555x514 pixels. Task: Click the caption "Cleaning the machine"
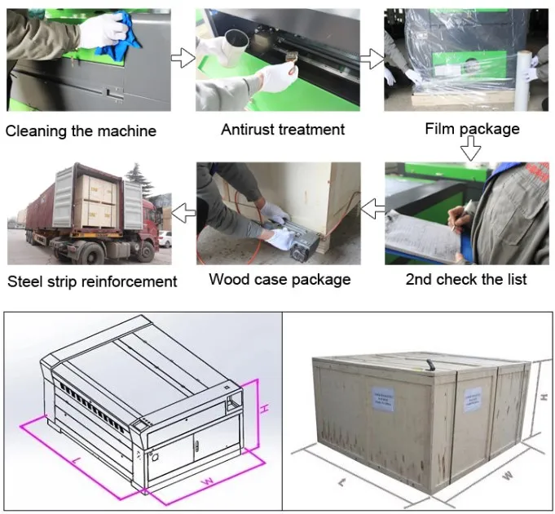click(81, 131)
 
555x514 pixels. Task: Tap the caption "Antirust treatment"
click(283, 129)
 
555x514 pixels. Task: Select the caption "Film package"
click(472, 129)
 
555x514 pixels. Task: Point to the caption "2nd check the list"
click(465, 280)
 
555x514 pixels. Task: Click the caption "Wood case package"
click(280, 279)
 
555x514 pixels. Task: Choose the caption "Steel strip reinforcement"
click(92, 281)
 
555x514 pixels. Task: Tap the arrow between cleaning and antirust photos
click(183, 58)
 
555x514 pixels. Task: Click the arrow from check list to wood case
click(372, 210)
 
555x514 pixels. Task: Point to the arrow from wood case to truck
click(184, 210)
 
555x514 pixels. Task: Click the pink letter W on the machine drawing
click(208, 481)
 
